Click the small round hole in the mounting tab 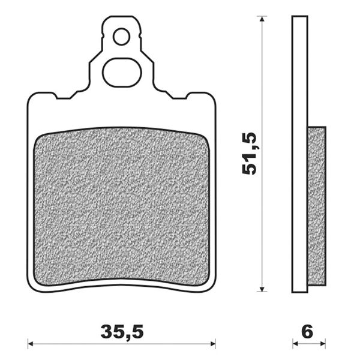point(121,37)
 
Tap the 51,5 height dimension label point(250,154)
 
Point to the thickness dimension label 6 point(308,331)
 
